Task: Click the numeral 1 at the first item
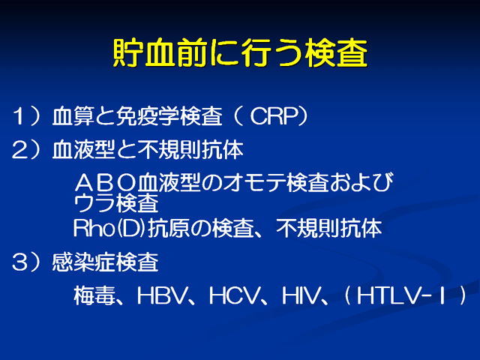[x=18, y=116]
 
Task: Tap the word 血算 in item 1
[x=73, y=116]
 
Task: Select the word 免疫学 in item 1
[x=148, y=116]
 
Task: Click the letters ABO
[x=106, y=183]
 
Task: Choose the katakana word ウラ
[x=94, y=203]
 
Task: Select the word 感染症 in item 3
[x=83, y=262]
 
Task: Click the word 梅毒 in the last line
[x=94, y=295]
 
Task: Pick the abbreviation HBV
[x=162, y=295]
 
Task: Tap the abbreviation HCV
[x=234, y=295]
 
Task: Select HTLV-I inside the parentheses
[x=401, y=295]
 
